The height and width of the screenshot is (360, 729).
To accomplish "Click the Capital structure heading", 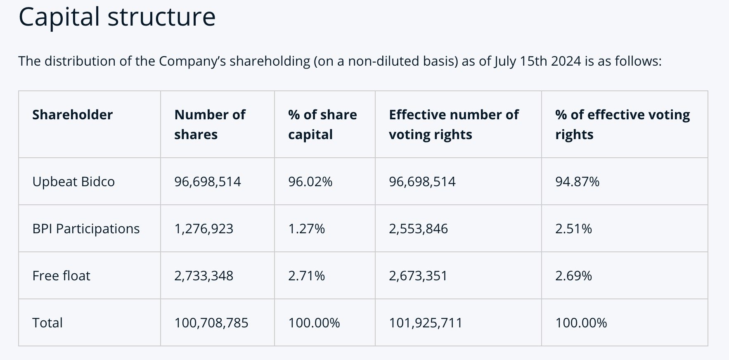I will [117, 17].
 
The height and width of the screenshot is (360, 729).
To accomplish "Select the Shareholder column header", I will [72, 115].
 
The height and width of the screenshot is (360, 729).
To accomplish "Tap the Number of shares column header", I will [210, 124].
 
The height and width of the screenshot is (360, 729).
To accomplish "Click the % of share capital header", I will [322, 124].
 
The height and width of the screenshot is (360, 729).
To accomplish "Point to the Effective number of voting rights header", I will [454, 124].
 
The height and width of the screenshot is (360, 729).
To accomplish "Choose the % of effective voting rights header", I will [622, 124].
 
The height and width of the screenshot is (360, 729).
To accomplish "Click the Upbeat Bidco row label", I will [73, 182].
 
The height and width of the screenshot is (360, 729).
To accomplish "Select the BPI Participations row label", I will [86, 229].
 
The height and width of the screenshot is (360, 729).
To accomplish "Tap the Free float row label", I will [61, 276].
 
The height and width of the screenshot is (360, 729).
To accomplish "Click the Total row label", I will [47, 323].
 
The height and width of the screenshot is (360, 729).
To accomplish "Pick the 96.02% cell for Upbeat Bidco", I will [310, 182].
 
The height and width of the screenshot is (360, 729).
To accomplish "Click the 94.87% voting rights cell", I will [577, 182].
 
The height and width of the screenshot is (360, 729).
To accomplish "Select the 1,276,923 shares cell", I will [204, 229].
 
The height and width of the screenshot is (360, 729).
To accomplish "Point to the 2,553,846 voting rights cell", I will [418, 229].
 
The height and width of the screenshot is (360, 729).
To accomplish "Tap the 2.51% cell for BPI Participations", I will [573, 229].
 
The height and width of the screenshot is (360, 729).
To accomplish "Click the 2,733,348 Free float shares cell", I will [204, 276].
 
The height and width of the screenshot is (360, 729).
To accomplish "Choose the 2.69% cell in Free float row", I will [573, 276].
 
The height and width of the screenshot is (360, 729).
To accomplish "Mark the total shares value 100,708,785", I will [211, 323].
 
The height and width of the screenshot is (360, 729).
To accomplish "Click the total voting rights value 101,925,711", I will [426, 323].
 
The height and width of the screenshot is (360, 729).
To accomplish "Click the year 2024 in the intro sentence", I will [566, 61].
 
